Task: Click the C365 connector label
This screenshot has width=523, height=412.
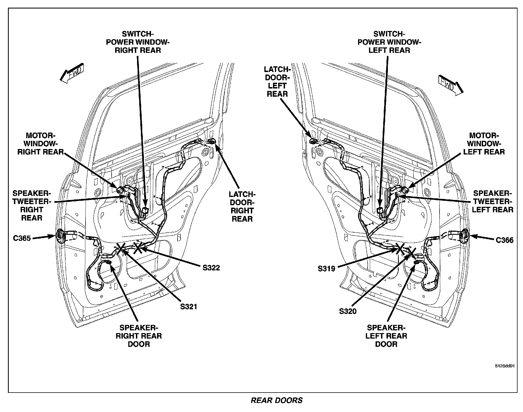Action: click(x=22, y=238)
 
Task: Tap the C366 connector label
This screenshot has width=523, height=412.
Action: click(x=504, y=240)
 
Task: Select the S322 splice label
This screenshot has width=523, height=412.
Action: click(x=211, y=267)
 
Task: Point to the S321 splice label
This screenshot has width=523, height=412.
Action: click(x=188, y=307)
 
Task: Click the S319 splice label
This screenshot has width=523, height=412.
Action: click(x=326, y=268)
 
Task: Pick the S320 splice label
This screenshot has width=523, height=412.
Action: click(x=348, y=311)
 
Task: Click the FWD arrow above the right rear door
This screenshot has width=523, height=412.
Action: click(x=72, y=73)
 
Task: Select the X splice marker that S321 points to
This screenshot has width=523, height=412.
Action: click(x=121, y=249)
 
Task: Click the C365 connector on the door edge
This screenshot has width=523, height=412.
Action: click(x=60, y=235)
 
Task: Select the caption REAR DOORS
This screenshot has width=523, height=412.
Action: click(x=277, y=400)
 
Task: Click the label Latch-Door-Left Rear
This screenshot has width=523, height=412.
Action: click(x=277, y=82)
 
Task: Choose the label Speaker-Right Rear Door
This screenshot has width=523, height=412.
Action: click(x=139, y=336)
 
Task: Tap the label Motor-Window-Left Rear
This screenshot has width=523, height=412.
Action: click(x=484, y=144)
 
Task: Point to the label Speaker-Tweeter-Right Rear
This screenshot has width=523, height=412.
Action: click(x=32, y=205)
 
